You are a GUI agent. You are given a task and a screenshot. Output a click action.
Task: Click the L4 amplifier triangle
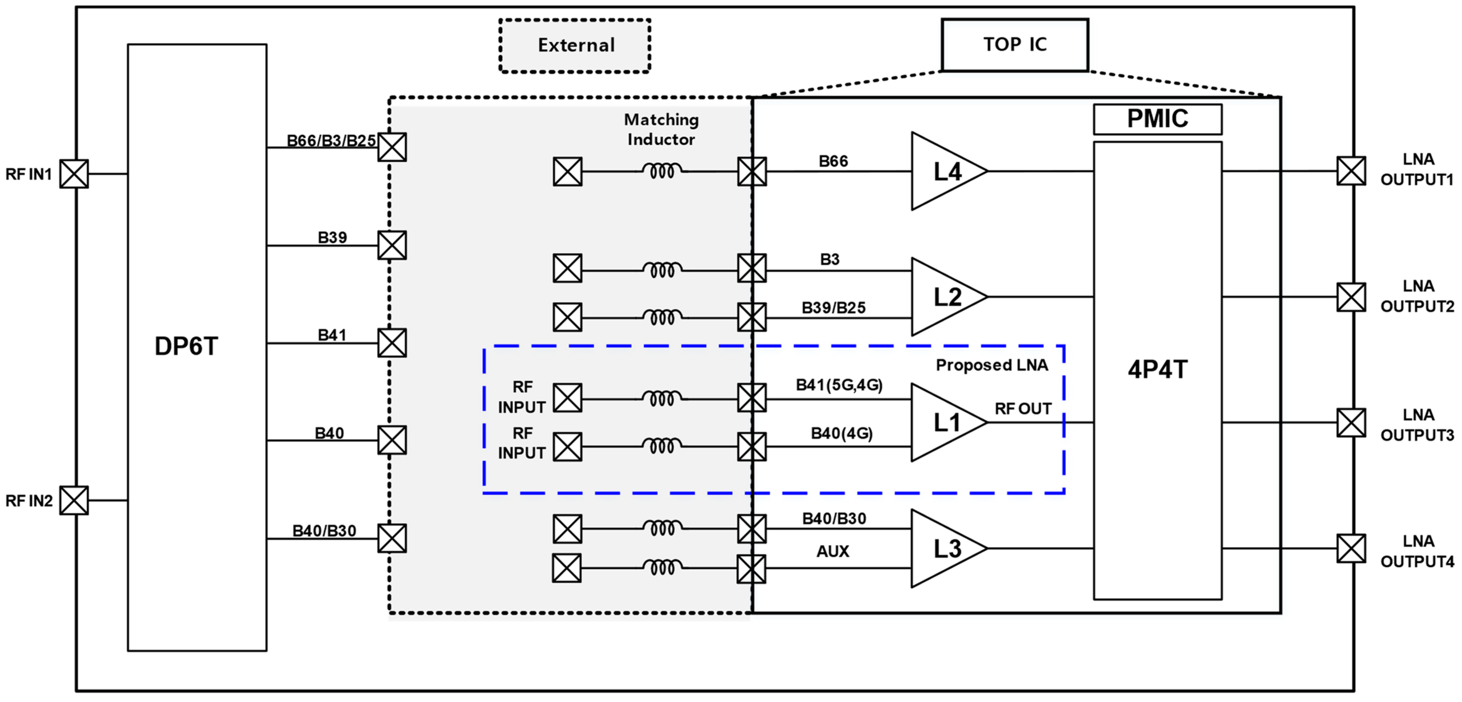coord(945,171)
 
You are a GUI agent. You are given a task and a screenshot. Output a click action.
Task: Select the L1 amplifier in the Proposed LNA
coord(945,423)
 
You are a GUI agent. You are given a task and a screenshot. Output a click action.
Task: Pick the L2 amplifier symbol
coord(945,297)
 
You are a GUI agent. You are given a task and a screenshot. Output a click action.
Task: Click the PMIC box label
coord(1157,119)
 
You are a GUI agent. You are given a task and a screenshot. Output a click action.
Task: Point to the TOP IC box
coord(1015,45)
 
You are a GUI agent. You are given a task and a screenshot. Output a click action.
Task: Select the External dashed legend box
coord(575,45)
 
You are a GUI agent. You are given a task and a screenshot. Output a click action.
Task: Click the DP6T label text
coord(186,346)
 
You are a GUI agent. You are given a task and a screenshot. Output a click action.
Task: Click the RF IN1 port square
coord(74,174)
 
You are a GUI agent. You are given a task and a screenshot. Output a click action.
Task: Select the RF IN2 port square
coord(74,500)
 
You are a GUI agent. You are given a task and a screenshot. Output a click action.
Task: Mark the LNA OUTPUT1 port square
coord(1351,171)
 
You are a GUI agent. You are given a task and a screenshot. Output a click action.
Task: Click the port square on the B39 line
coord(392,245)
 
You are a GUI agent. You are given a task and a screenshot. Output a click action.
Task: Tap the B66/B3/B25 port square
coord(392,147)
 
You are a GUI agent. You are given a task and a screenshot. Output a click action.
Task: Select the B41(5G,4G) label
coord(839,385)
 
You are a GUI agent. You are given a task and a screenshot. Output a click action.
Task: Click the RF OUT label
coord(1023,409)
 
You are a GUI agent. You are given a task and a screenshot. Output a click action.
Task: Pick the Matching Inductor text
coord(661,129)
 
